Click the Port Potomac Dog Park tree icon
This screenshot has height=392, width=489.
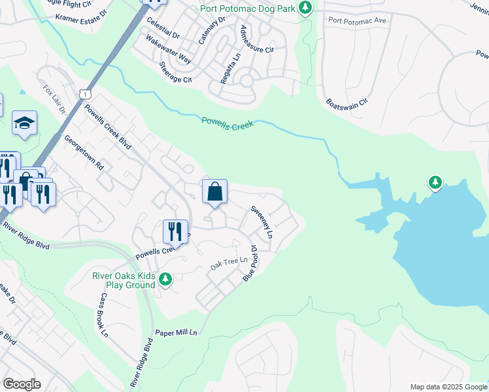pyautogui.click(x=304, y=8)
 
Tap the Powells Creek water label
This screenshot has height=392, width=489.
pyautogui.click(x=228, y=123)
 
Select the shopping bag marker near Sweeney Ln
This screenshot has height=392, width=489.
pyautogui.click(x=214, y=193)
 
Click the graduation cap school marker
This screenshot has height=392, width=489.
pyautogui.click(x=24, y=123)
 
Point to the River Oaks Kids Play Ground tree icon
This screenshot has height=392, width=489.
pyautogui.click(x=165, y=280)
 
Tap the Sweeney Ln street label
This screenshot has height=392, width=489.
pyautogui.click(x=261, y=221)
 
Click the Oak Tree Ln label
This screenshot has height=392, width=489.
pyautogui.click(x=229, y=263)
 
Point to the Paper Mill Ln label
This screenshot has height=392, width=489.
pyautogui.click(x=176, y=333)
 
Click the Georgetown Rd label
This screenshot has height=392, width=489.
pyautogui.click(x=84, y=153)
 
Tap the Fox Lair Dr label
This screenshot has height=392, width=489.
pyautogui.click(x=55, y=99)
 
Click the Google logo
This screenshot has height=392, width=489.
pyautogui.click(x=22, y=384)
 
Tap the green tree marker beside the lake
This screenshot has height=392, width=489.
pyautogui.click(x=435, y=182)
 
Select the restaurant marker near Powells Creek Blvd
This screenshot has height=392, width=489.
pyautogui.click(x=175, y=231)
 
